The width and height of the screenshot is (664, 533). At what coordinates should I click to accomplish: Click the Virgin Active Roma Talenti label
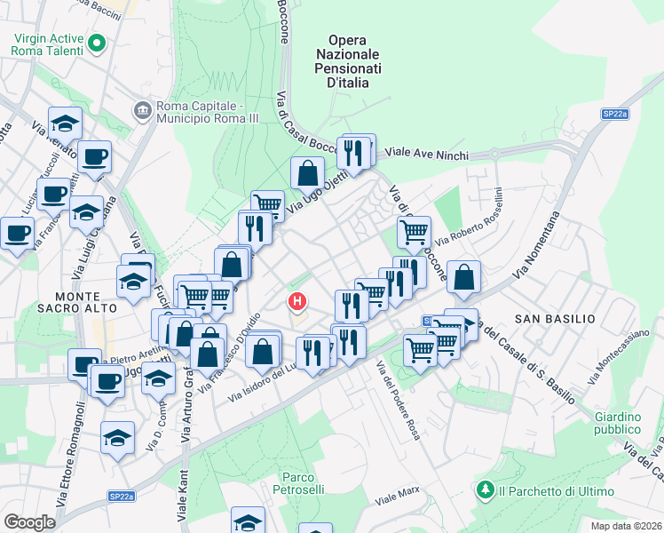tap(47, 44)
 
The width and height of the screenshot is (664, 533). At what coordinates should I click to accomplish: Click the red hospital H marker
tap(297, 303)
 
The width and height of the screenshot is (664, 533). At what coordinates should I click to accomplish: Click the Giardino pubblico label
tap(618, 424)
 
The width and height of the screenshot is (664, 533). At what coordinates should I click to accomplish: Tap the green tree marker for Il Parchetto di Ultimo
tap(485, 489)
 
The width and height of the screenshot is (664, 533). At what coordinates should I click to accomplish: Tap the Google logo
tap(29, 521)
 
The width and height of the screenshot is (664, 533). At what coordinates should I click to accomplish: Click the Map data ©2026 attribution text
tap(626, 526)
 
